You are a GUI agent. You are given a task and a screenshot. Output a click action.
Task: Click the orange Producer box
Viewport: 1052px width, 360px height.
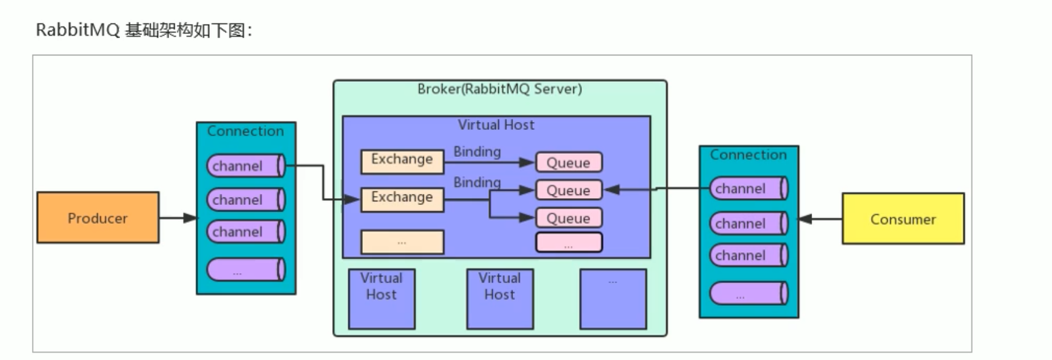(x=98, y=218)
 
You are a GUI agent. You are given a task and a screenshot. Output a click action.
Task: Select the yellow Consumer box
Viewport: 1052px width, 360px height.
(x=903, y=219)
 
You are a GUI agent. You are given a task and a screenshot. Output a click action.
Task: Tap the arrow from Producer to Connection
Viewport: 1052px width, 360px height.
(x=178, y=218)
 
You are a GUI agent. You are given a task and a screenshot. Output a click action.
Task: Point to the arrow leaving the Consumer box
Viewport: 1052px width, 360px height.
(x=821, y=219)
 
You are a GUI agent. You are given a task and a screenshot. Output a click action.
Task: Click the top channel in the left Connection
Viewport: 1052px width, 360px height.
(x=245, y=166)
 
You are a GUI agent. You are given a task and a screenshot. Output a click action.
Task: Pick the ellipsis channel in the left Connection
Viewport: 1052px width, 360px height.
(x=245, y=270)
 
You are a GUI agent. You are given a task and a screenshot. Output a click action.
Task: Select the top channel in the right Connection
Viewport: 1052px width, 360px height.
(x=749, y=188)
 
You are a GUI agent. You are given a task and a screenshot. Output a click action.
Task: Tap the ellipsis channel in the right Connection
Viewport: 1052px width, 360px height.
(x=749, y=294)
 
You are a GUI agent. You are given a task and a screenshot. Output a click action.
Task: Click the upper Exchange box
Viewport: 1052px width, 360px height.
(x=402, y=161)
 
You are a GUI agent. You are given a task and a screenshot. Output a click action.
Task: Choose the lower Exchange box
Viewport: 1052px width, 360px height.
(x=402, y=198)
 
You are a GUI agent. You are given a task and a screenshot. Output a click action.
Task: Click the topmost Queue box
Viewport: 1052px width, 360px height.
(x=568, y=162)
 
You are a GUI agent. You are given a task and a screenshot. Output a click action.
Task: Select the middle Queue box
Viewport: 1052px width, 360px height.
(x=568, y=190)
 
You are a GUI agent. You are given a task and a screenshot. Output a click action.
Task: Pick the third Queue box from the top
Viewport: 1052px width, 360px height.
(x=568, y=218)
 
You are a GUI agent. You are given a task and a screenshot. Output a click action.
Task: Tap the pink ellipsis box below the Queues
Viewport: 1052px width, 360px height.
(x=568, y=242)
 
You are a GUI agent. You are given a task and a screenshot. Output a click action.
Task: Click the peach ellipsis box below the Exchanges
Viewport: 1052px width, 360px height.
(x=402, y=242)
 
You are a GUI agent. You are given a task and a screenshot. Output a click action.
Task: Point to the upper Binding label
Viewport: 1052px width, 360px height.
(x=477, y=151)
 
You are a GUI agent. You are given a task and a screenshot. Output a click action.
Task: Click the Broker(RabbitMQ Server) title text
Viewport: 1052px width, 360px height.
(x=500, y=89)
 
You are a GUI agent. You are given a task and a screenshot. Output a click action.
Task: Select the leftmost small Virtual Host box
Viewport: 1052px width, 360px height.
(x=381, y=298)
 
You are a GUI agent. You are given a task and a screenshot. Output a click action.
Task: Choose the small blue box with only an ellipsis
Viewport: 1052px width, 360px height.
(x=613, y=298)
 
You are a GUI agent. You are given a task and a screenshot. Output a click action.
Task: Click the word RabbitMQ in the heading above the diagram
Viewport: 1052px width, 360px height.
(x=78, y=30)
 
